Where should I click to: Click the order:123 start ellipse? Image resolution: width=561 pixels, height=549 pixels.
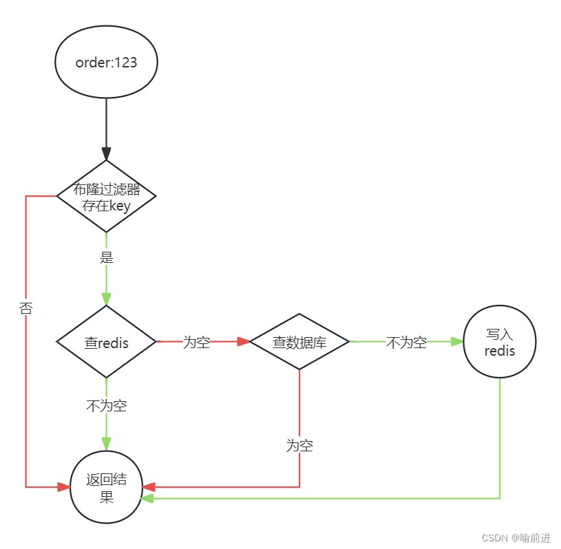106,63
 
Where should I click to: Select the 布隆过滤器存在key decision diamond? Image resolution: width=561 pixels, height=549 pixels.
106,197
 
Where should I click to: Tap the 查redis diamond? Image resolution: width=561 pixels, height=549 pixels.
106,342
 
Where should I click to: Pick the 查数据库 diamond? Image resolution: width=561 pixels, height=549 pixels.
299,342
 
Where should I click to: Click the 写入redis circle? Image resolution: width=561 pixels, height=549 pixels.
500,342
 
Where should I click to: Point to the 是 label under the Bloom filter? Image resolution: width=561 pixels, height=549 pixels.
106,259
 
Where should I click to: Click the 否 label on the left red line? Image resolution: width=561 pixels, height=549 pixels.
26,309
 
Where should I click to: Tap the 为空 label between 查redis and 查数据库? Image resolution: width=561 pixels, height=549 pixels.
196,342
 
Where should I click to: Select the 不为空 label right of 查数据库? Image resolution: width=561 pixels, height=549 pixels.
406,342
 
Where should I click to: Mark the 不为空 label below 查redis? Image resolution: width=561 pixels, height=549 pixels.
106,406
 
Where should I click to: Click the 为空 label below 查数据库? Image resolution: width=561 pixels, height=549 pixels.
299,446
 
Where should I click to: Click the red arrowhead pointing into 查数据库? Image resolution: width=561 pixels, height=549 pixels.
242,341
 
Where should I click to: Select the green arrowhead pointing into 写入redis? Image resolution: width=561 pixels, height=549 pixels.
456,341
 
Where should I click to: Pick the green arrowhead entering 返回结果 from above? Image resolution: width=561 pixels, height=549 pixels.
106,444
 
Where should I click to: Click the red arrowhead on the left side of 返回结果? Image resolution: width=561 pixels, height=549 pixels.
63,487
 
